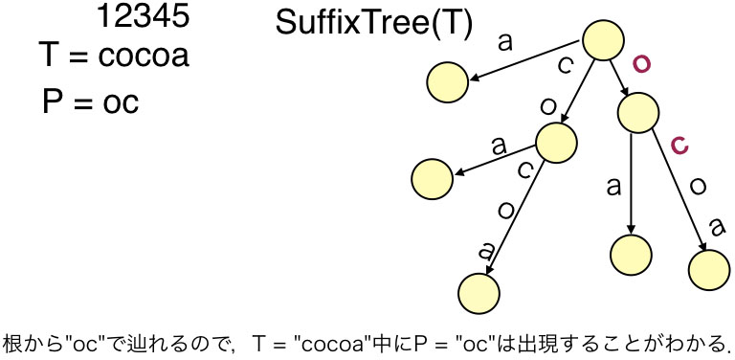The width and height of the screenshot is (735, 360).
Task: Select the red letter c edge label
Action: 679,146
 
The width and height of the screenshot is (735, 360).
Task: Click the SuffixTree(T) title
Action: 373,24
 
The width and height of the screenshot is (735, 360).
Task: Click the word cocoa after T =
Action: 144,56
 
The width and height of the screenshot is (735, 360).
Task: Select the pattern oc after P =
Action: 120,101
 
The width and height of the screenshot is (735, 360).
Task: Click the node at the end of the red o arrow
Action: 638,113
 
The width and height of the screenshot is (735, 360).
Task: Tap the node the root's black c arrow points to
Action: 557,143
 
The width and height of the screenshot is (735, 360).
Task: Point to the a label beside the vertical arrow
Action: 613,186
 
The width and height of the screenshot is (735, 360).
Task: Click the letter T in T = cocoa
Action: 50,56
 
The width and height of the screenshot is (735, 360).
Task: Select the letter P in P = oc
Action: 54,101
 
